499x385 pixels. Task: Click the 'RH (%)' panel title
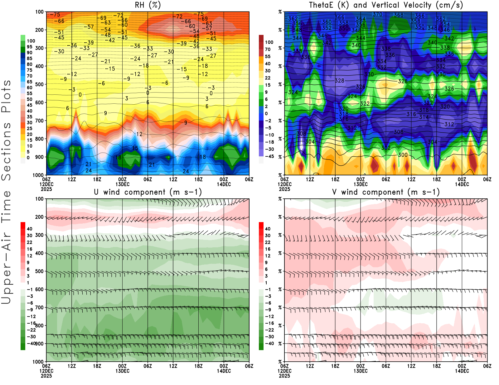148,5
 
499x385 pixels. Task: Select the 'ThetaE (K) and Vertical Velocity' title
386,5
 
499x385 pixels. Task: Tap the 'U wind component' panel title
148,192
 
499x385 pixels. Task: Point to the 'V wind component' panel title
386,192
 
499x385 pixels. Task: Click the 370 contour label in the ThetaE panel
377,14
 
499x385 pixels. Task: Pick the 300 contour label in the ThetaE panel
403,155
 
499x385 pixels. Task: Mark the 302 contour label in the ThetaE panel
386,148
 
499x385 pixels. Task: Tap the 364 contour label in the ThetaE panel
361,19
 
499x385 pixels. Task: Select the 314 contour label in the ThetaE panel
424,117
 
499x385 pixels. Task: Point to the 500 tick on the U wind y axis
39,271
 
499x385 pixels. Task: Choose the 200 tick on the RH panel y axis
39,30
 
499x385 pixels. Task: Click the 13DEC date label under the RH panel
123,184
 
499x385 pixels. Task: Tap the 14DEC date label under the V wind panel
462,371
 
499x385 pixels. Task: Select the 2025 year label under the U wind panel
46,376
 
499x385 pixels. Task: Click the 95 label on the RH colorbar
30,47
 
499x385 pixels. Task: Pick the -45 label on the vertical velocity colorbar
269,156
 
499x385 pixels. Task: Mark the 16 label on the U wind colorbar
30,249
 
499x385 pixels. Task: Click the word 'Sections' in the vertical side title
6,151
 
